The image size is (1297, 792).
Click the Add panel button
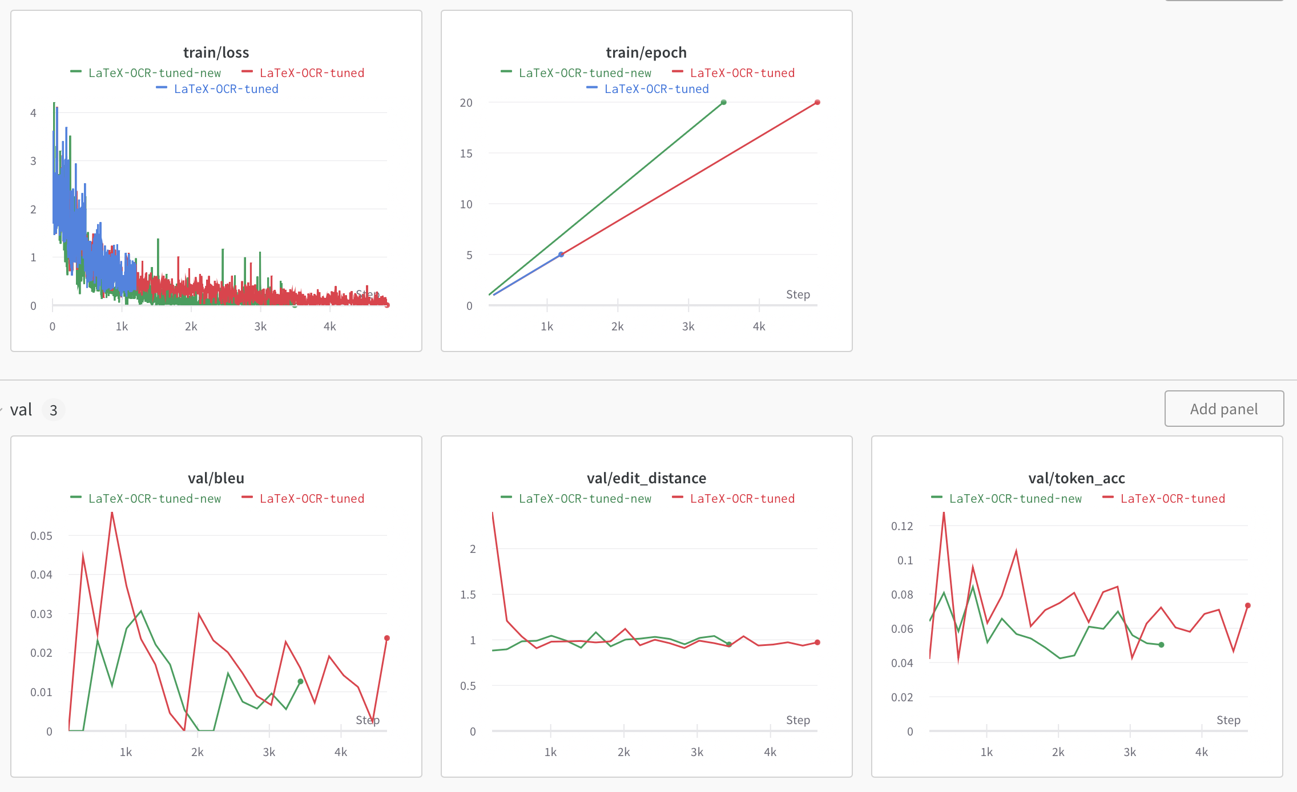[x=1224, y=409]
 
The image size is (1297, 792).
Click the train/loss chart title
[x=216, y=52]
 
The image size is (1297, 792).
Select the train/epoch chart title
[x=646, y=52]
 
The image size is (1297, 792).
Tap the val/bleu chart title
[x=216, y=478]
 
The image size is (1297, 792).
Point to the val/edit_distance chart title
[x=646, y=478]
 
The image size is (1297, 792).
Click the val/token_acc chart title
[x=1077, y=478]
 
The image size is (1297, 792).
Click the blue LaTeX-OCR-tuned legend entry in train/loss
[x=225, y=89]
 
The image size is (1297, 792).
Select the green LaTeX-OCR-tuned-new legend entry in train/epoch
[x=585, y=73]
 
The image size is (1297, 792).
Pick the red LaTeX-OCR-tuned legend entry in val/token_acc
[x=1173, y=499]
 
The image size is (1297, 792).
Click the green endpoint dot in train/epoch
[x=724, y=103]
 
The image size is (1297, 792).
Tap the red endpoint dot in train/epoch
[x=817, y=103]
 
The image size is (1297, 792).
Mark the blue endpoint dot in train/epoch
[x=561, y=254]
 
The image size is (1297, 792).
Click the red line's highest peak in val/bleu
[x=112, y=514]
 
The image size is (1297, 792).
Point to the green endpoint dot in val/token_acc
[x=1161, y=645]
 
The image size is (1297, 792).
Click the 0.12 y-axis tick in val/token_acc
[x=902, y=526]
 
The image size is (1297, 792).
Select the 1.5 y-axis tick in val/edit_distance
[x=468, y=595]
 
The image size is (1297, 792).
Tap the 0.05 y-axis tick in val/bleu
[x=41, y=536]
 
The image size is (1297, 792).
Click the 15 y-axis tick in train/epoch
[x=466, y=153]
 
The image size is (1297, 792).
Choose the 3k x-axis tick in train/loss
[x=260, y=326]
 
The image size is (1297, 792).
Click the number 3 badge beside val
[x=54, y=410]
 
